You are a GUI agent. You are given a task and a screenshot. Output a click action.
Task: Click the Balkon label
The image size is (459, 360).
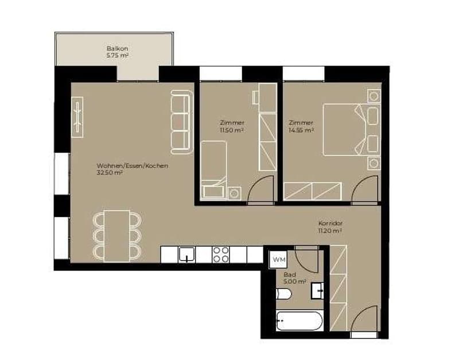[x=117, y=48]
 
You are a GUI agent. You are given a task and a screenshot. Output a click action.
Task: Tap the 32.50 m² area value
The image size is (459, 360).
[x=109, y=173]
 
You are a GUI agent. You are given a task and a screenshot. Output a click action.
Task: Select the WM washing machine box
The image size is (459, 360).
[x=279, y=260]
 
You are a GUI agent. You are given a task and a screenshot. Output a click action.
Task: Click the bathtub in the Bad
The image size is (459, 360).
[x=299, y=321]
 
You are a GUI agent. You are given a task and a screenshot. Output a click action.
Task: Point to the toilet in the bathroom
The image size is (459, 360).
[x=283, y=294]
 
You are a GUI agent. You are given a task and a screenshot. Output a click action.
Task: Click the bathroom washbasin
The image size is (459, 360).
[x=317, y=291]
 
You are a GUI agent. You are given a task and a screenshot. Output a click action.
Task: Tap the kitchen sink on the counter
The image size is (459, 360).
[x=186, y=254]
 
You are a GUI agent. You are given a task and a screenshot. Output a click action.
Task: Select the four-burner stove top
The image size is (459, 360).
[x=221, y=254]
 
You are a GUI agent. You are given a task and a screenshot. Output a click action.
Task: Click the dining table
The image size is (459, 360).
[x=117, y=236]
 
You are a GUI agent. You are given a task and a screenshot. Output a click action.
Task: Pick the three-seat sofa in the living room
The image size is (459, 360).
[x=181, y=122]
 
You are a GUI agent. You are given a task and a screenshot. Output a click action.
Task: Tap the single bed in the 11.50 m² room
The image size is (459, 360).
[x=213, y=170]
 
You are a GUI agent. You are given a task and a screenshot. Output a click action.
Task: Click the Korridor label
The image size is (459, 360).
[x=330, y=223]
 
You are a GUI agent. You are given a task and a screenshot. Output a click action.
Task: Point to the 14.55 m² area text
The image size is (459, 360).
[x=301, y=130]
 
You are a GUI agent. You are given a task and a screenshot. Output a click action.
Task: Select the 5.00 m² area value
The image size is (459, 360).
[x=295, y=281]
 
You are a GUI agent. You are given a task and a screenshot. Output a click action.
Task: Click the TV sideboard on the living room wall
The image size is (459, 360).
[x=77, y=117]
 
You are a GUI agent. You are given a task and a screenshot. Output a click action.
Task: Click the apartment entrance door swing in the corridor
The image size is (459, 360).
[x=364, y=319]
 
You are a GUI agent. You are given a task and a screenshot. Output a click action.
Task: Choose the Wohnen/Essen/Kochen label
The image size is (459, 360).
[x=133, y=166]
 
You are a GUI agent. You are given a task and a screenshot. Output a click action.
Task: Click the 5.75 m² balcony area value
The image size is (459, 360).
[x=118, y=55]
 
